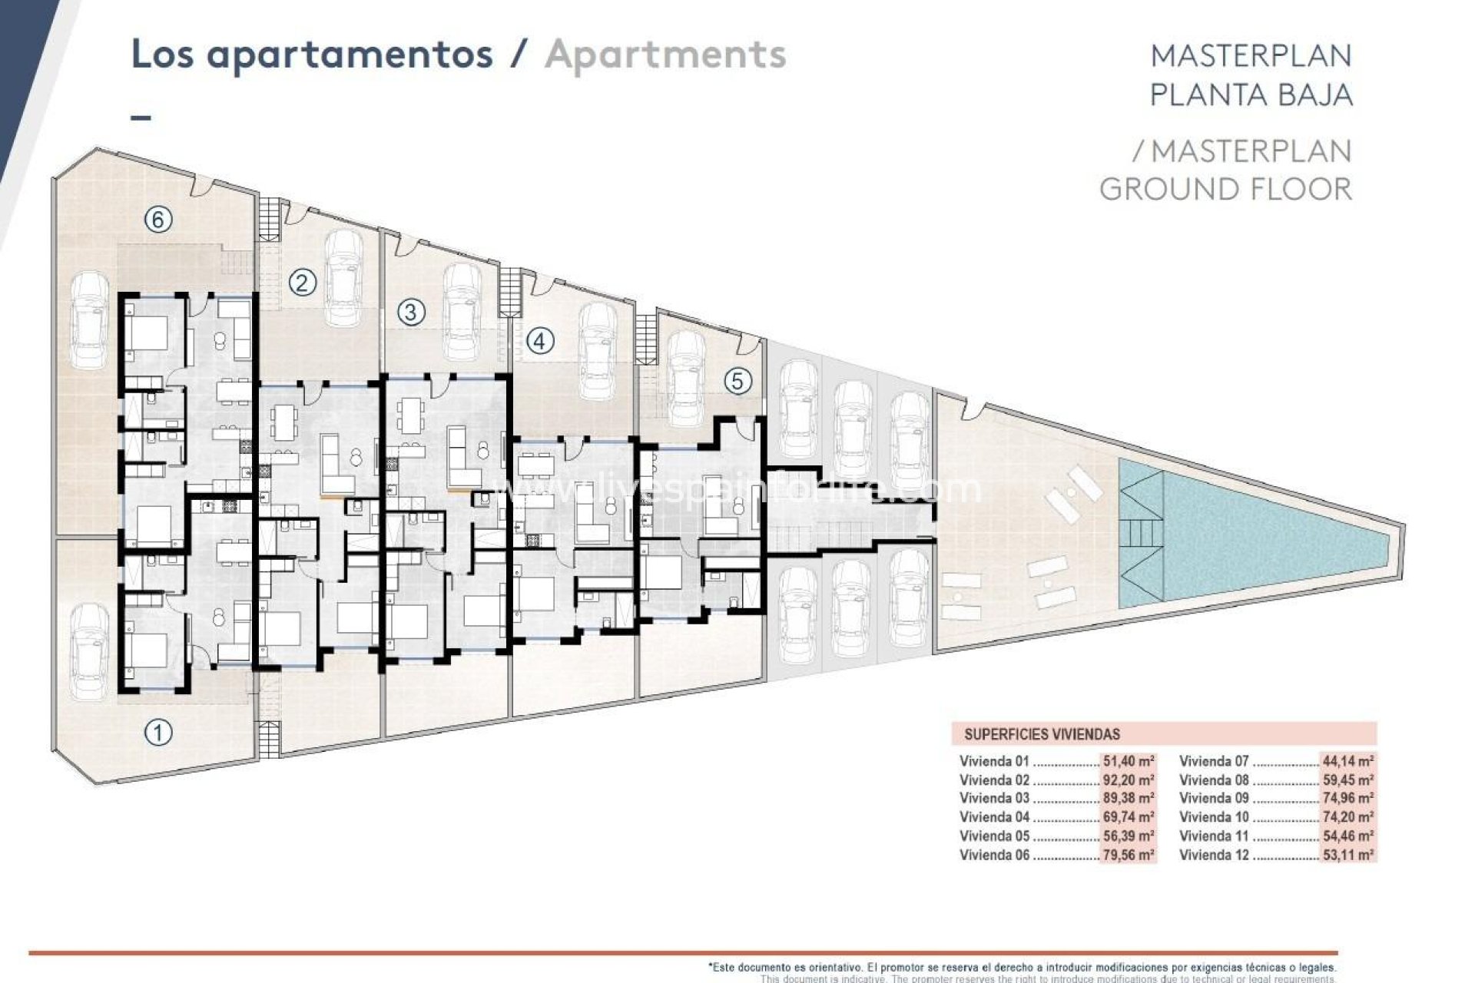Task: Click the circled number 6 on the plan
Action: coord(158,220)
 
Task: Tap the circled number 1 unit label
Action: coord(158,733)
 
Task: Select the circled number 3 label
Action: coord(412,312)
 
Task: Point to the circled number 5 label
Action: coord(737,381)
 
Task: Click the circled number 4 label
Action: coord(539,341)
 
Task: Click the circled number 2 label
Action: coord(303,283)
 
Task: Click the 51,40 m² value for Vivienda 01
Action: coord(1129,762)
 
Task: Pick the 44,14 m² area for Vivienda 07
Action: coord(1348,762)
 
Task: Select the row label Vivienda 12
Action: coord(1214,855)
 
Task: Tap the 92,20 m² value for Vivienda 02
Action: coord(1129,780)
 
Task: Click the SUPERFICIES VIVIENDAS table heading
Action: coord(1042,734)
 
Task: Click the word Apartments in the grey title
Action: coord(665,55)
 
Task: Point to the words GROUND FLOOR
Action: coord(1225,189)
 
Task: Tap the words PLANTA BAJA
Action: coord(1251,94)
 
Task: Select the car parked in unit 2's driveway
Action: coord(343,278)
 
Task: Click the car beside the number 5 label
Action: coord(686,379)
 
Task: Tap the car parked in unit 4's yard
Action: coord(597,352)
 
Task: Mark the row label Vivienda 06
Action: coord(994,855)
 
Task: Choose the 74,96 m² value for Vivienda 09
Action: coord(1348,799)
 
